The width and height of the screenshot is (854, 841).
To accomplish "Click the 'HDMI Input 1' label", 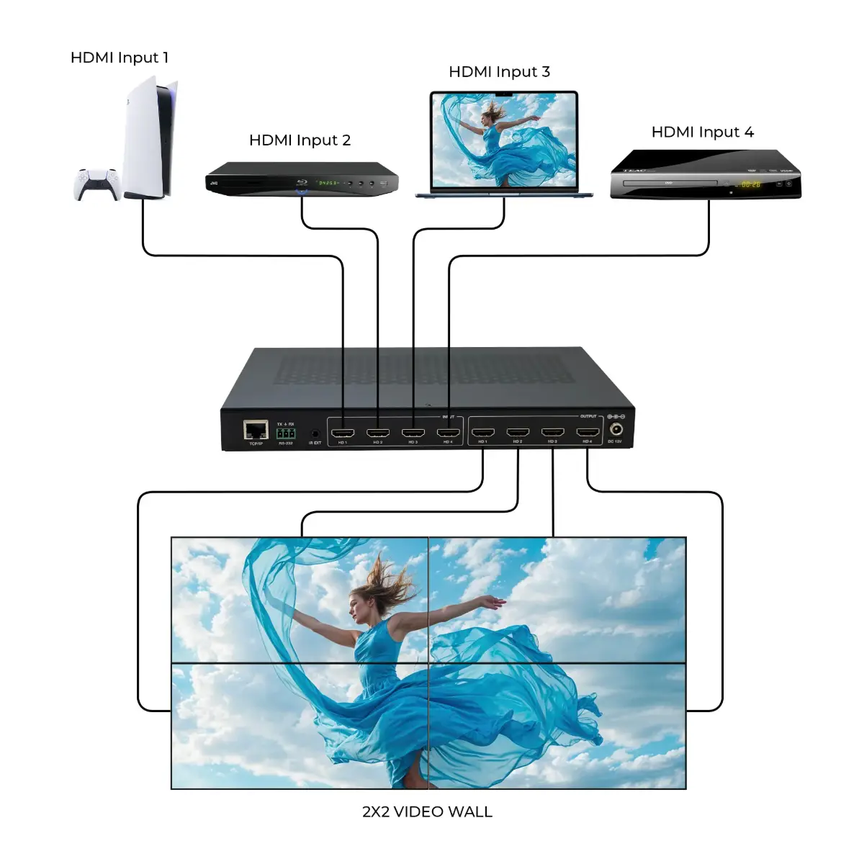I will tap(120, 58).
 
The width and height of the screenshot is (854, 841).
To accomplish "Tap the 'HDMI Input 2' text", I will tap(300, 140).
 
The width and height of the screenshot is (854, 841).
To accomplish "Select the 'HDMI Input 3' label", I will tap(499, 72).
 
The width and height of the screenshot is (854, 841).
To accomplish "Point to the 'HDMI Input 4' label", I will tap(702, 132).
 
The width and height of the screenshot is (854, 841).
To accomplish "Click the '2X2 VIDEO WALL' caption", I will tap(427, 811).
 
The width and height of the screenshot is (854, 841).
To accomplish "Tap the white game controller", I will tap(97, 184).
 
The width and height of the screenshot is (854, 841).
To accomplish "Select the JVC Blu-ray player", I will tap(302, 179).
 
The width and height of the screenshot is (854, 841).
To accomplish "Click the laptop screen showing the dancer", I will tap(504, 139).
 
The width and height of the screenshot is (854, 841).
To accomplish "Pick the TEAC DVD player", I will tap(705, 174).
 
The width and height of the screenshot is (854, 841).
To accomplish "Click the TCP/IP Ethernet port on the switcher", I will tap(256, 431).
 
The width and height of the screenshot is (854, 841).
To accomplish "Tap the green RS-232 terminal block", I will tap(286, 433).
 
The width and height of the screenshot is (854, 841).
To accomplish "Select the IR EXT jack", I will tap(315, 434).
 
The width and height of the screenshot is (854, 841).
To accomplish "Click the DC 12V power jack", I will tap(616, 431).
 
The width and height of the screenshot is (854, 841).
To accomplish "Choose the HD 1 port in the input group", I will tap(343, 433).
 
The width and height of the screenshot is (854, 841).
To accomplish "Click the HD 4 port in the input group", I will tap(448, 433).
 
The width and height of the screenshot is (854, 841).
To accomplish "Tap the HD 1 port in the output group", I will tap(482, 433).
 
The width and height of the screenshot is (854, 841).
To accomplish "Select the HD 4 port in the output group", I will tap(588, 433).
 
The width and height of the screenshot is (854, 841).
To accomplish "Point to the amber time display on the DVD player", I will tap(750, 185).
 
